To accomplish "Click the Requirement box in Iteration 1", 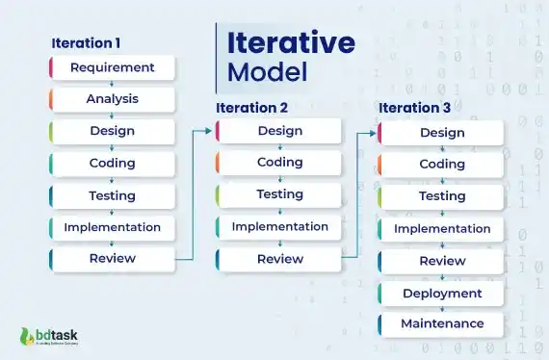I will point(112,67).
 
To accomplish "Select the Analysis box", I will point(112,99).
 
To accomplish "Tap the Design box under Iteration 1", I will point(112,131).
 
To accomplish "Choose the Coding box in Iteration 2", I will point(279,163).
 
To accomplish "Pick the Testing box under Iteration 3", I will point(442,196).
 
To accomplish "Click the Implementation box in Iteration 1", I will point(112,227).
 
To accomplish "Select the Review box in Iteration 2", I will point(279,259).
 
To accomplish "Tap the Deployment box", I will point(442,293).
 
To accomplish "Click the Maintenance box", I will point(442,323).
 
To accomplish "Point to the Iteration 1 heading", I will point(86,42).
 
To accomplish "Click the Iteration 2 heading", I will point(251,108).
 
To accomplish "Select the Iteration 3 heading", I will point(414,108).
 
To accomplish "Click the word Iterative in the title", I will point(290,42).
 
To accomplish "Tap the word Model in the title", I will point(266,72).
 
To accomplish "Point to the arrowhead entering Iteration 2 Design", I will point(211,131).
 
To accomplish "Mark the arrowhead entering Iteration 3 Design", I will point(374,132).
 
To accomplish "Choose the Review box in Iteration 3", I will point(442,261).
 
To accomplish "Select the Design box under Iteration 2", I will point(279,131).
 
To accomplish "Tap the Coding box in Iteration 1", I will point(112,163).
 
